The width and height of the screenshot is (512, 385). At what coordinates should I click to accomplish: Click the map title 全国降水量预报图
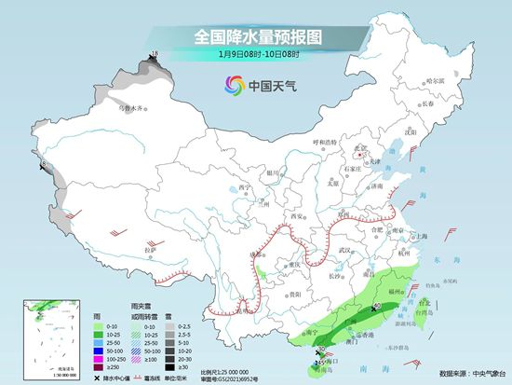[x=255, y=36]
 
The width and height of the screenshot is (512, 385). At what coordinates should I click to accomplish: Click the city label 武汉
[x=347, y=251]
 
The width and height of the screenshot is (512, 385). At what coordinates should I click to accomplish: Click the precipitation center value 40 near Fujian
[x=377, y=306]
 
